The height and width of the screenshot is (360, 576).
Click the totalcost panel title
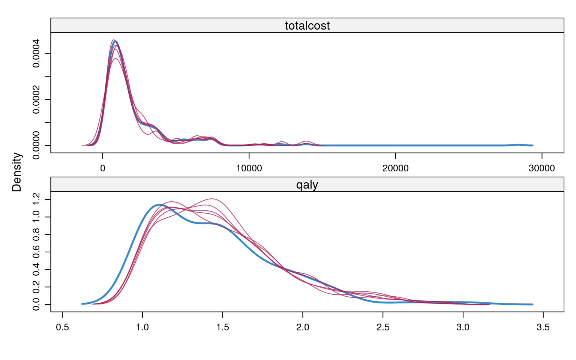click(307, 25)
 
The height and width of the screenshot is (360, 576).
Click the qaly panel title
click(307, 184)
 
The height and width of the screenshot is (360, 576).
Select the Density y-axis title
click(17, 172)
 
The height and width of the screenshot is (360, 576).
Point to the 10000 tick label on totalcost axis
click(249, 168)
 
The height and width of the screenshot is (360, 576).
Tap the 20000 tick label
click(395, 168)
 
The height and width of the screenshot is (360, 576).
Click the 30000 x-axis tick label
click(541, 168)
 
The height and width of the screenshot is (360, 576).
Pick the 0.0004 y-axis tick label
click(36, 53)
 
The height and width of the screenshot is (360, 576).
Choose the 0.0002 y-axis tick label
click(36, 99)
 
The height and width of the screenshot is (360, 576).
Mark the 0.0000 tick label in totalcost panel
click(36, 145)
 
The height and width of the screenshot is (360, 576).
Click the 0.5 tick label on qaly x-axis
click(62, 327)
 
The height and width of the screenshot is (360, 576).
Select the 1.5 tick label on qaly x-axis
click(222, 327)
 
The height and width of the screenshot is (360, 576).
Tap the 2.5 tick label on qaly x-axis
click(383, 327)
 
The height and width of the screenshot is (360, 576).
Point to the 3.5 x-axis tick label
click(543, 327)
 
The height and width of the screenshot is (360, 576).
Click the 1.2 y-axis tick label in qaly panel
click(36, 199)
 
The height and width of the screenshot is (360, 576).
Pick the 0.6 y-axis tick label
click(36, 252)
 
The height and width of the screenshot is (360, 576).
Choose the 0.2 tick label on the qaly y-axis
click(36, 287)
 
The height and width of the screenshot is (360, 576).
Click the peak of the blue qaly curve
click(159, 204)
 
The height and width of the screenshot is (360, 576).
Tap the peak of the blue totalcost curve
click(115, 41)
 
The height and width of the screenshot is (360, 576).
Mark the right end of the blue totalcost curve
click(532, 145)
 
